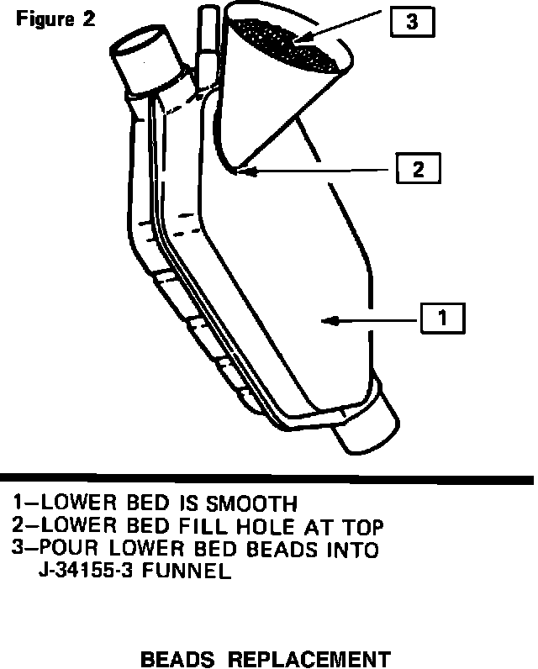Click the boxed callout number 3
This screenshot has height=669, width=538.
pos(411,23)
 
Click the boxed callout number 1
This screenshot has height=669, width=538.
pos(442,319)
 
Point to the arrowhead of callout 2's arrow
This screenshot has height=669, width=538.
pos(240,171)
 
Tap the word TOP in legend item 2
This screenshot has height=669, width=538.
pos(361,527)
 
